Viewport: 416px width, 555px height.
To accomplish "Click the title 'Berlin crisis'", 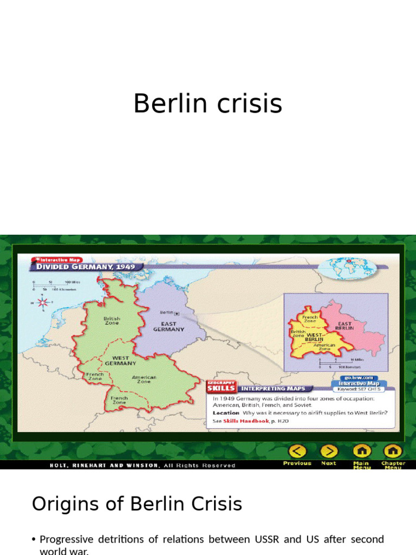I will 207,103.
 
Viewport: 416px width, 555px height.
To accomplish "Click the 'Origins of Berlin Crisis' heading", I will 136,504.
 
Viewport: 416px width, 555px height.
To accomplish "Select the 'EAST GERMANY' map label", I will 168,327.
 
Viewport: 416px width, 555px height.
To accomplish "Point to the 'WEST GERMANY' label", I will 120,360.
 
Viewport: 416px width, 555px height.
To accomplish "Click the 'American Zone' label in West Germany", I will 144,379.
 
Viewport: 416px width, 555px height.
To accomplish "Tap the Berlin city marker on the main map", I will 177,313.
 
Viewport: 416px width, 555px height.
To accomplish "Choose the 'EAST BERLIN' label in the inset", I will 344,326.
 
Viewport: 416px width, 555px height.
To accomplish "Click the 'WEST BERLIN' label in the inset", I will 315,338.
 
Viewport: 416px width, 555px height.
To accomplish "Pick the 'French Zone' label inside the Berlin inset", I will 310,319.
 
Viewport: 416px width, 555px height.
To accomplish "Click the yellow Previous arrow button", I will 297,451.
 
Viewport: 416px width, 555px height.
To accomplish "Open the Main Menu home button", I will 361,451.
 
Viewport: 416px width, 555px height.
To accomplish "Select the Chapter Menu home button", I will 392,451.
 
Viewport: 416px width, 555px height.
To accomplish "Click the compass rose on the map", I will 42,301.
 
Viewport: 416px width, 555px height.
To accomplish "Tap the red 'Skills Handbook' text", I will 246,421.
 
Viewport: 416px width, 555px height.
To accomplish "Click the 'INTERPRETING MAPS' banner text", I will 273,388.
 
